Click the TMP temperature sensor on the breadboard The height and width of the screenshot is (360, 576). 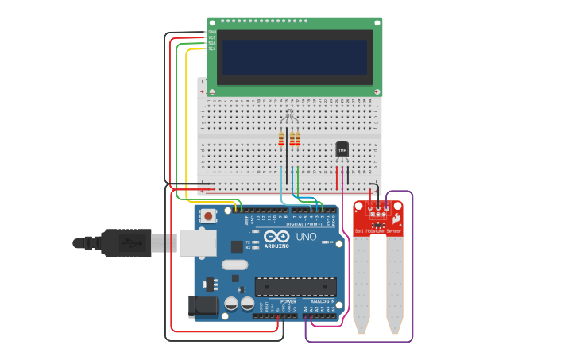click(x=342, y=149)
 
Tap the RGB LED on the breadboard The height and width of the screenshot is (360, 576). click(x=289, y=118)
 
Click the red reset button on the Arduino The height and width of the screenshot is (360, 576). click(x=208, y=215)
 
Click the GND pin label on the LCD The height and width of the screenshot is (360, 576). click(x=211, y=32)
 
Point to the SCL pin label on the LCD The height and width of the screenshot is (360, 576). click(x=211, y=49)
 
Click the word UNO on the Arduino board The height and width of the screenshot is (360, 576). click(x=306, y=237)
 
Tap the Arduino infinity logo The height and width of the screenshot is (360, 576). click(x=276, y=237)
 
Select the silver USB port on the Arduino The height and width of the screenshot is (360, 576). click(x=197, y=243)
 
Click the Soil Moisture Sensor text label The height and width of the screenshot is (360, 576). click(x=378, y=231)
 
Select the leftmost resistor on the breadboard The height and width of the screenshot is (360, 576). click(x=281, y=140)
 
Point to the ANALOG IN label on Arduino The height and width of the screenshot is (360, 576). click(x=323, y=302)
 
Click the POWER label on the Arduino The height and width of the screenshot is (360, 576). click(x=288, y=302)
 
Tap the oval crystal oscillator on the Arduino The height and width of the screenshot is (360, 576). click(x=234, y=265)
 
